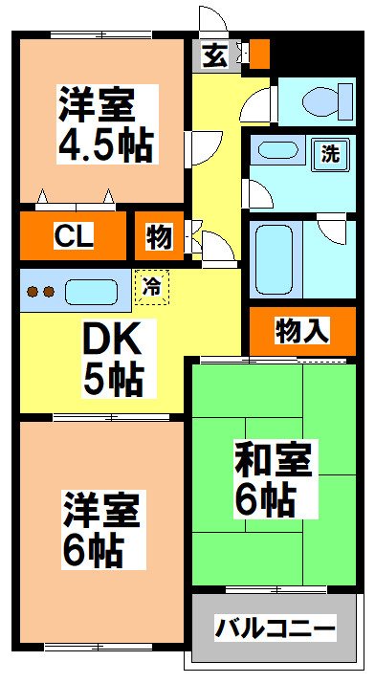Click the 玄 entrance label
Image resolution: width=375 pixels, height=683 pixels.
(215, 55)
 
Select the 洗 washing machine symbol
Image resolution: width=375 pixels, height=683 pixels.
(329, 153)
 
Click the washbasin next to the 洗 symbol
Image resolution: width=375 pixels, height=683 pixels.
(278, 151)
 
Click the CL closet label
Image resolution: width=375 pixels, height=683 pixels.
(73, 235)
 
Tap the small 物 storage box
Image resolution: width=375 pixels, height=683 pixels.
(159, 236)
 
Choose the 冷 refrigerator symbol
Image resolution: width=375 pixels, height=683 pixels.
(151, 284)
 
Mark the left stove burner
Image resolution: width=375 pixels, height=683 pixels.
(32, 292)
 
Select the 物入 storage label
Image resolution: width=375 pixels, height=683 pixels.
(302, 331)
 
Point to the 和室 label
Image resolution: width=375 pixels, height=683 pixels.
(273, 461)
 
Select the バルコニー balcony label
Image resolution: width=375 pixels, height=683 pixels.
(275, 629)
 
